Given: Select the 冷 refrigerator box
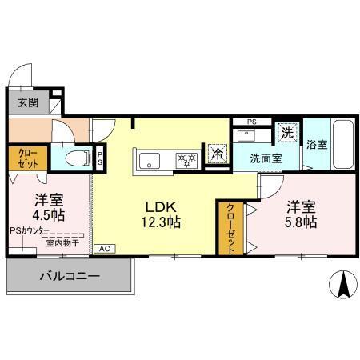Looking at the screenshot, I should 216,154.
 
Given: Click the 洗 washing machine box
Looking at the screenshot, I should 286,131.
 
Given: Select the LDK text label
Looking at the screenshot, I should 161,204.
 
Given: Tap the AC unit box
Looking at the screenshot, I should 104,249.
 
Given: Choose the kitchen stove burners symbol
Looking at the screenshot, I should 186,160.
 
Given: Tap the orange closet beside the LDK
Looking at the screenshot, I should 229,227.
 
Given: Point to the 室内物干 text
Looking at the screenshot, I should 62,242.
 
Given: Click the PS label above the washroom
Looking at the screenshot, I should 252,122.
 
